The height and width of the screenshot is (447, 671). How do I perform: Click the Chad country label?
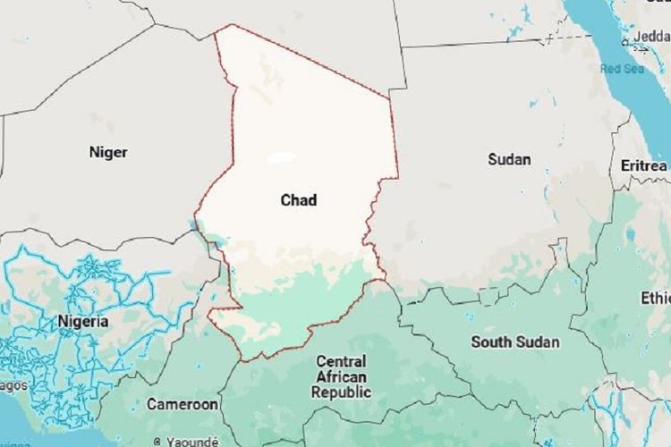coord(299,200)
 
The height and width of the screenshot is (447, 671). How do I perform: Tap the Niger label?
coord(107,152)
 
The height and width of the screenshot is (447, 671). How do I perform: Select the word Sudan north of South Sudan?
coord(509,159)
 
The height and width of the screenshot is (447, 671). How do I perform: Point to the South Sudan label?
coord(515,342)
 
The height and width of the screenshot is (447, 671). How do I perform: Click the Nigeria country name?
coord(82,321)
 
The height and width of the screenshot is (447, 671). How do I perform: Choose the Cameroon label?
coord(183,404)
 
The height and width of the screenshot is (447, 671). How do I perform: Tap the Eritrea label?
coord(643,166)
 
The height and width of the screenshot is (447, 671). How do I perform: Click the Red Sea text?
coord(623,69)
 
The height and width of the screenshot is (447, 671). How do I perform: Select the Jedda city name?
coord(652,36)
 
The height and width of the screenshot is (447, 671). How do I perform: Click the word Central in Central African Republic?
coord(340,362)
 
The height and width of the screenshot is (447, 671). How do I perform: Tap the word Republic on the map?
coord(340,392)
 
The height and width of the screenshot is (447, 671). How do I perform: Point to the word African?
coord(340,377)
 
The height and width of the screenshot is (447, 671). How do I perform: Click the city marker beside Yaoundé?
coord(157,441)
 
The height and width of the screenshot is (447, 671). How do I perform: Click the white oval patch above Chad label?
coord(282,159)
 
